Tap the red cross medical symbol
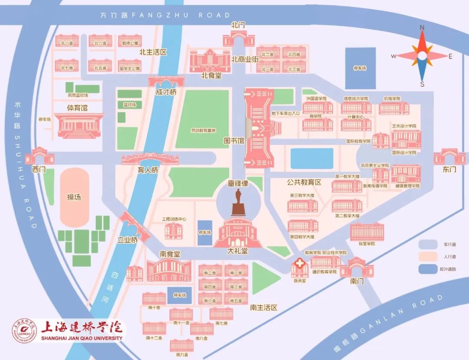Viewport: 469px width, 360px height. [x=300, y=264]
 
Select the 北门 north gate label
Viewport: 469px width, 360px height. [x=238, y=25]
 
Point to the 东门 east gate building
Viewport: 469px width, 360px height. [x=449, y=156]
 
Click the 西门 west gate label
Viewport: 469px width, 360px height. [x=39, y=170]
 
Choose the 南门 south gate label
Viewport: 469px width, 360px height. [x=356, y=281]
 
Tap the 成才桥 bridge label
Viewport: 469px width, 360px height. [x=166, y=92]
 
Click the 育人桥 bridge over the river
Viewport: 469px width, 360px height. [x=150, y=159]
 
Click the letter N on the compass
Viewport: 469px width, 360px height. [x=422, y=27]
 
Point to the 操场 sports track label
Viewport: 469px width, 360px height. [x=74, y=197]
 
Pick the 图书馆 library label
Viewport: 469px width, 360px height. [x=234, y=141]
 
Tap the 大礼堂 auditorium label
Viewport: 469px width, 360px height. [x=238, y=251]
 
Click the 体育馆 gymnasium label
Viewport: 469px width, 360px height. [x=77, y=107]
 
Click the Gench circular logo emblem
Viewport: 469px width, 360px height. [x=24, y=330]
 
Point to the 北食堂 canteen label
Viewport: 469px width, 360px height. [x=211, y=75]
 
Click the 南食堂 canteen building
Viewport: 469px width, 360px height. [x=169, y=271]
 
